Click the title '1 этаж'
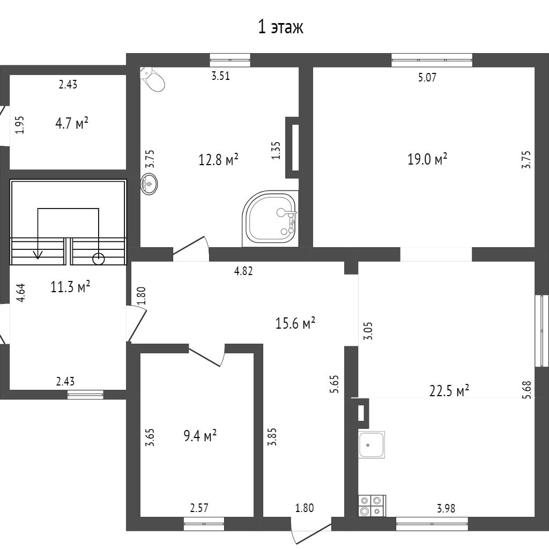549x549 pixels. pyautogui.click(x=281, y=27)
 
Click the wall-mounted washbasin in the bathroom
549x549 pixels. pyautogui.click(x=150, y=184)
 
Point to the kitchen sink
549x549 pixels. pyautogui.click(x=372, y=444)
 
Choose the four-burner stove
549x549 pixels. pyautogui.click(x=372, y=506)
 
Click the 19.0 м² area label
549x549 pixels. pyautogui.click(x=427, y=159)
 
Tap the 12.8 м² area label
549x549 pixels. pyautogui.click(x=218, y=159)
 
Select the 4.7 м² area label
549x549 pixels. pyautogui.click(x=71, y=124)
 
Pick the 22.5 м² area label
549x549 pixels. pyautogui.click(x=449, y=391)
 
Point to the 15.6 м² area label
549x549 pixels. pyautogui.click(x=294, y=323)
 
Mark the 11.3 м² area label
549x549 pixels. pyautogui.click(x=70, y=286)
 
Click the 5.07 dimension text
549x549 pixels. pyautogui.click(x=427, y=77)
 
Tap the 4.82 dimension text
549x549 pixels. pyautogui.click(x=243, y=271)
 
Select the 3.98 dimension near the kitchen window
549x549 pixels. pyautogui.click(x=446, y=508)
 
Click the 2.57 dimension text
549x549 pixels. pyautogui.click(x=199, y=508)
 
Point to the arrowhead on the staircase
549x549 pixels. pyautogui.click(x=38, y=255)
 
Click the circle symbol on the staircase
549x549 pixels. pyautogui.click(x=99, y=259)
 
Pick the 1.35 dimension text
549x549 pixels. pyautogui.click(x=276, y=150)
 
